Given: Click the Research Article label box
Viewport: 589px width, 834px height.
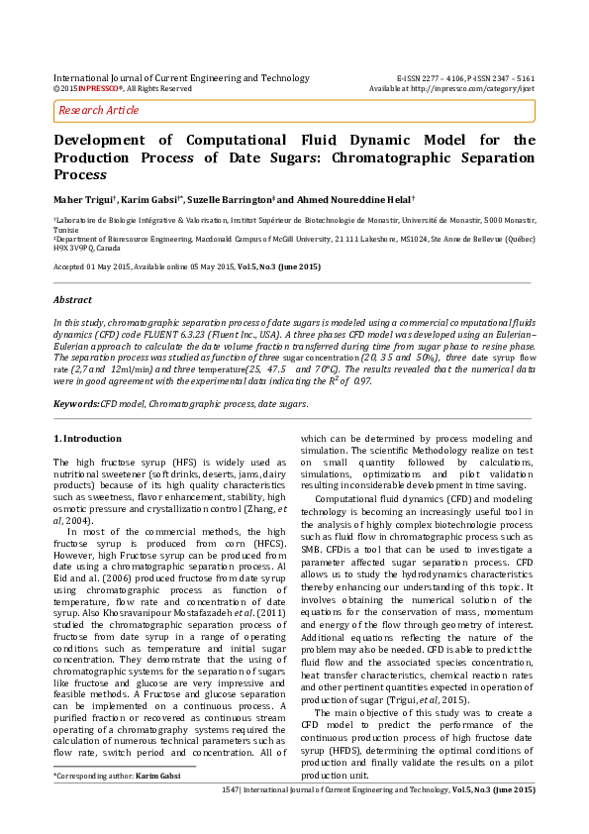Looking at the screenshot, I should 99,110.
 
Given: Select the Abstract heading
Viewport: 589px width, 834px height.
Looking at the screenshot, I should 74,298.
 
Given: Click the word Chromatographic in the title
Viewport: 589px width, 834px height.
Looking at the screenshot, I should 409,157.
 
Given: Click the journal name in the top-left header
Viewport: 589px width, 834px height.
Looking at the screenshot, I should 181,77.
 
